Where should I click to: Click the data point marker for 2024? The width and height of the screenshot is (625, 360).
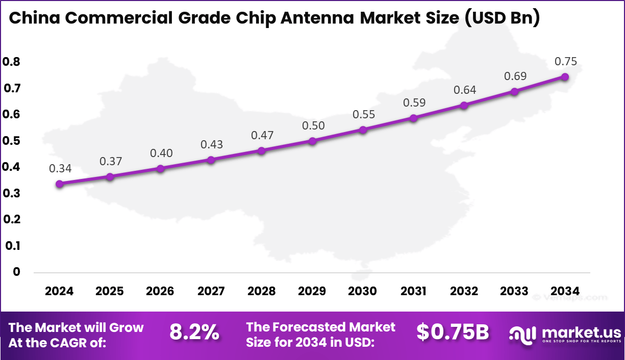pyautogui.click(x=60, y=184)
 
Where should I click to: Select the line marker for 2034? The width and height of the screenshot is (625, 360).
pyautogui.click(x=565, y=76)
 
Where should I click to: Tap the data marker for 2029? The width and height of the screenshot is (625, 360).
pyautogui.click(x=313, y=141)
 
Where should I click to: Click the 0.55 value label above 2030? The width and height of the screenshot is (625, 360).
pyautogui.click(x=364, y=114)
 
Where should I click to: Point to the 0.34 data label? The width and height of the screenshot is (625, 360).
pyautogui.click(x=60, y=168)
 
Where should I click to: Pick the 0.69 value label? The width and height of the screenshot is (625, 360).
pyautogui.click(x=515, y=76)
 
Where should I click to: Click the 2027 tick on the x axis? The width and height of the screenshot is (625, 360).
pyautogui.click(x=211, y=291)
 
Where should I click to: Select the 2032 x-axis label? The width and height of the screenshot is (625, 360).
pyautogui.click(x=464, y=291)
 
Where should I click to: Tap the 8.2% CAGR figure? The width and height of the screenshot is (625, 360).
pyautogui.click(x=194, y=333)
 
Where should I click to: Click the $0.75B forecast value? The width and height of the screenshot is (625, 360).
pyautogui.click(x=453, y=332)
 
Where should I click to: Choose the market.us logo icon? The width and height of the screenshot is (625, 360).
pyautogui.click(x=521, y=335)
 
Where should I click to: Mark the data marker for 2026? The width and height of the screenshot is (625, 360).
pyautogui.click(x=161, y=168)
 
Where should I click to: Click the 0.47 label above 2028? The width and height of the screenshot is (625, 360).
pyautogui.click(x=262, y=136)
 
